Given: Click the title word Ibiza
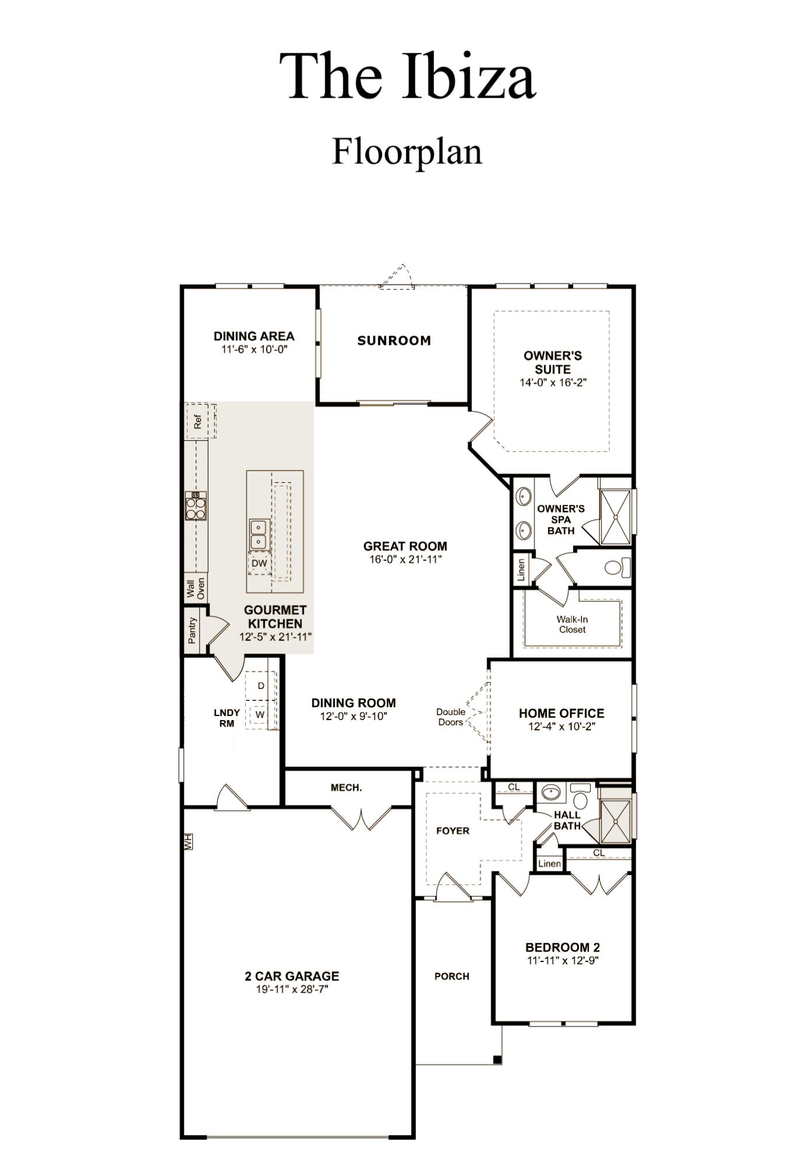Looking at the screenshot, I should [468, 77].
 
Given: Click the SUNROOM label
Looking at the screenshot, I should [394, 341].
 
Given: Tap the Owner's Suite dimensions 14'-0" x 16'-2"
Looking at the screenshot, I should [553, 383].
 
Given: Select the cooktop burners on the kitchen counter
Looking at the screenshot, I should [196, 506].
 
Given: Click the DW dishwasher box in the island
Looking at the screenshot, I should [259, 563].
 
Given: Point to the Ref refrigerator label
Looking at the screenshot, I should [197, 421].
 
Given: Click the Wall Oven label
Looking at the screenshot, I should [196, 588].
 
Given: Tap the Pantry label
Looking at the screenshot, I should [192, 631].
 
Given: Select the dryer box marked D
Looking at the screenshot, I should [261, 686].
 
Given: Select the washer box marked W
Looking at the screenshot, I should [260, 714].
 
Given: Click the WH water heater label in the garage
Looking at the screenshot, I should [188, 842].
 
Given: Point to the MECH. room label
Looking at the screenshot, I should [346, 788].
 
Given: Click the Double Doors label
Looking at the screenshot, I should [450, 717].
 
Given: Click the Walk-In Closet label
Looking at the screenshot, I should [572, 624].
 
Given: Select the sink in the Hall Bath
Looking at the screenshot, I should [550, 793].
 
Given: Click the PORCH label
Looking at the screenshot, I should [452, 977].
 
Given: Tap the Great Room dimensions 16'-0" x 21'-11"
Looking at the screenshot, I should [405, 559].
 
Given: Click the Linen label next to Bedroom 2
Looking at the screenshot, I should [549, 864].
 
